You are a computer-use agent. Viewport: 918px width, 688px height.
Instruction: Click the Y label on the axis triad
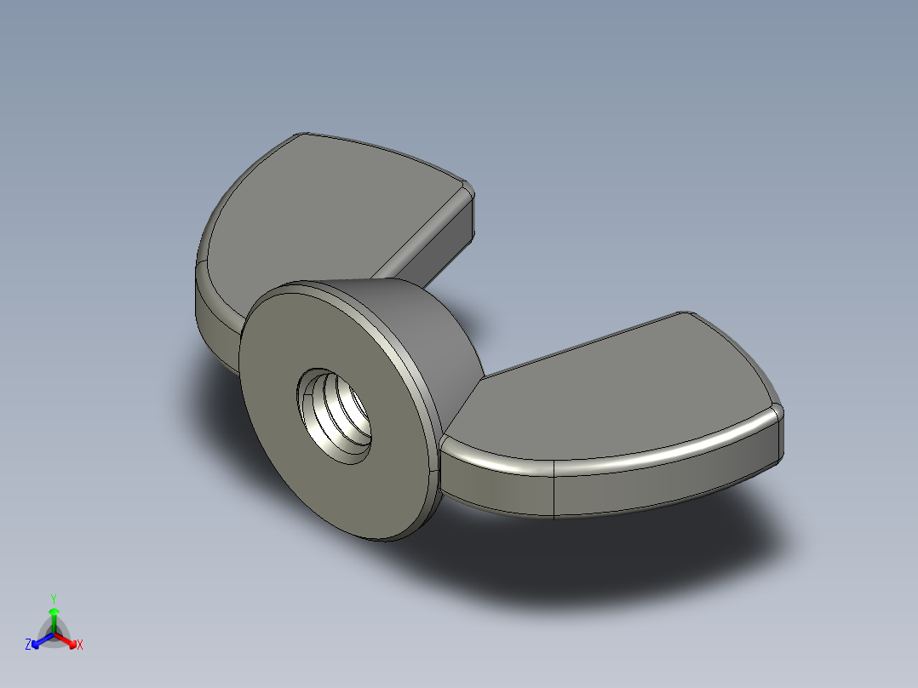pos(53,598)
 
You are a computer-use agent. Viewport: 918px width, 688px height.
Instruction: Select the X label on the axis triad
pos(80,645)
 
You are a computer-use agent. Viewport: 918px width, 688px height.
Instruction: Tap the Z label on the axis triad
pos(27,645)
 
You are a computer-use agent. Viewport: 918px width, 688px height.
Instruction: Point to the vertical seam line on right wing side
pos(554,490)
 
